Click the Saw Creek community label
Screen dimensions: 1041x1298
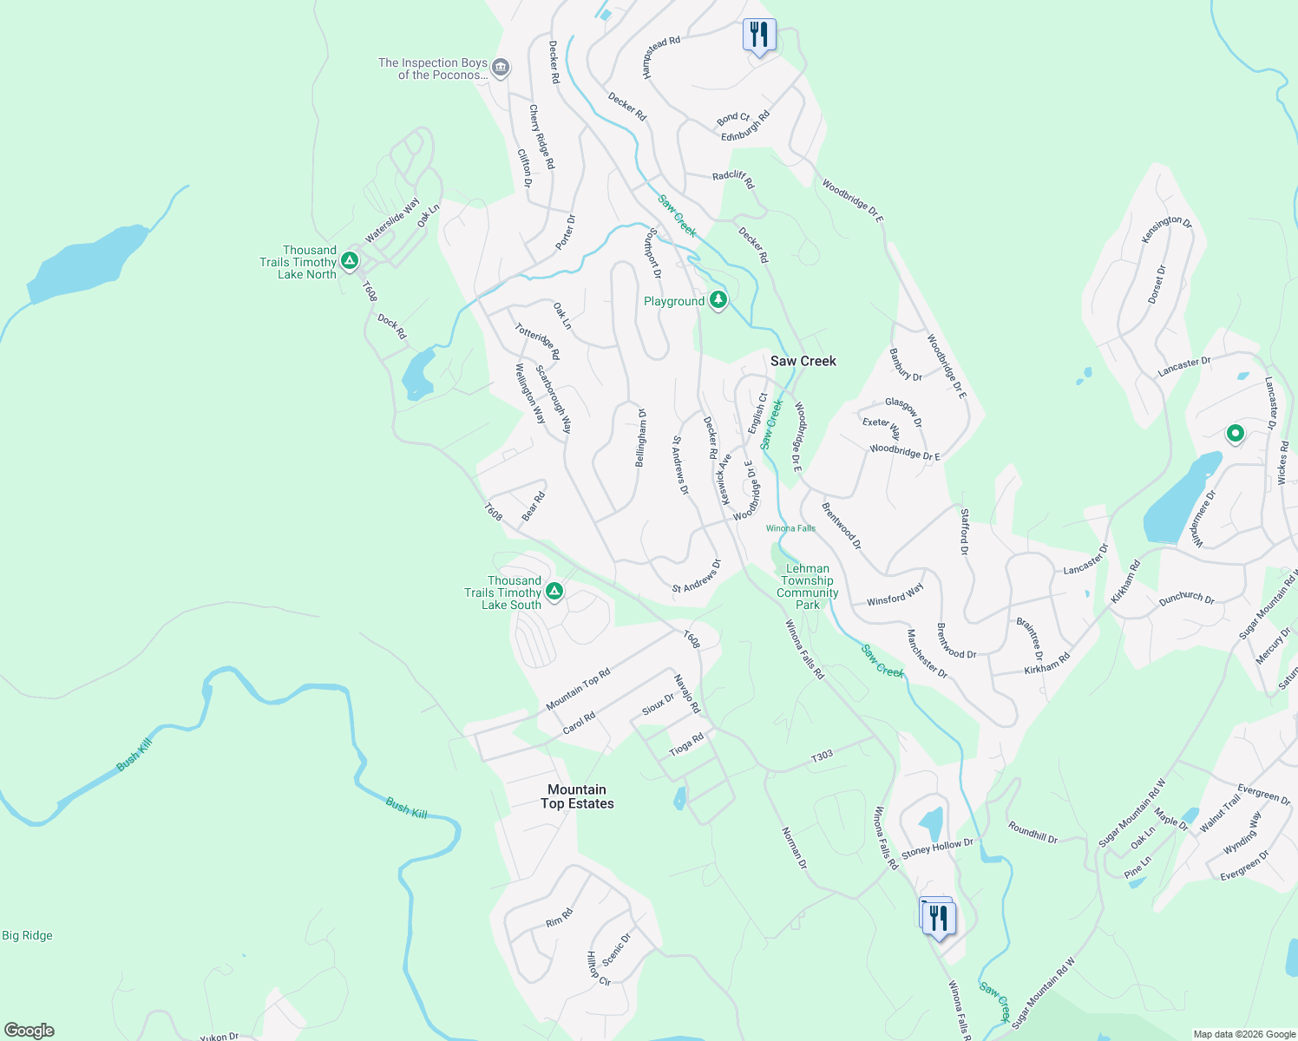coord(803,361)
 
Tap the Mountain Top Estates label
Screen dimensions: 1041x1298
coord(577,796)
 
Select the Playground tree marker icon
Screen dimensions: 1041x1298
coord(718,300)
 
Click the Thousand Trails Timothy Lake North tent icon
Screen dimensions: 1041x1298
coord(350,260)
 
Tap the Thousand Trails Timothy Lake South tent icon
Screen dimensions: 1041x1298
coord(554,592)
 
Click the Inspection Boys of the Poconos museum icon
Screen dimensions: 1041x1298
coord(501,68)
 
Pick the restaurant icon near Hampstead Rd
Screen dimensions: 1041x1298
coord(759,36)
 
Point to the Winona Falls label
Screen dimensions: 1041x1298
coord(790,528)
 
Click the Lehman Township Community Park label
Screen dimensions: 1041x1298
coord(808,586)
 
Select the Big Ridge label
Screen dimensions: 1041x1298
coord(27,935)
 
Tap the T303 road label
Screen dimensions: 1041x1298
coord(822,756)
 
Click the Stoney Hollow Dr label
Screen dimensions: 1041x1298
coord(937,848)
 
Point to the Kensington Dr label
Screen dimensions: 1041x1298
coord(1167,229)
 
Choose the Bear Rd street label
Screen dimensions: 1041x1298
coord(533,507)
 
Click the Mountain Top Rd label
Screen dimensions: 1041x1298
coord(578,689)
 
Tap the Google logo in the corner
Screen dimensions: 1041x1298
coord(29,1030)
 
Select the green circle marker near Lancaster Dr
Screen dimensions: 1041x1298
coord(1235,433)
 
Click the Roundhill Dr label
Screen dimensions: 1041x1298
coord(1032,833)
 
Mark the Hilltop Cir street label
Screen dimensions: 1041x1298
coord(598,969)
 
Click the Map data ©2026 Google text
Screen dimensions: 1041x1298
coord(1243,1034)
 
